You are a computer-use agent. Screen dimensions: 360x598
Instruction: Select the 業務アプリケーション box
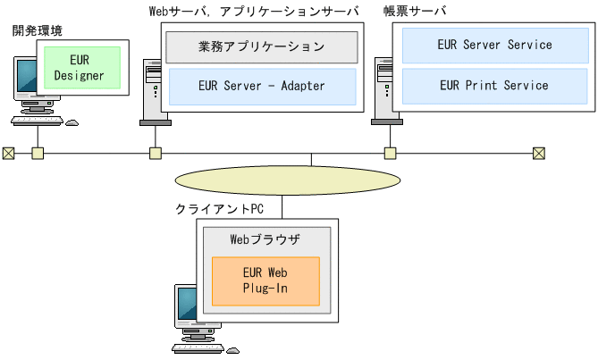(x=262, y=46)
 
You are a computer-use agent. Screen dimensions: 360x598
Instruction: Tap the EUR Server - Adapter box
(x=262, y=87)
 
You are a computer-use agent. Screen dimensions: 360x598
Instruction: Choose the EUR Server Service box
(x=494, y=45)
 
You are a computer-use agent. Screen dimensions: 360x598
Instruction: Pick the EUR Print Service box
(x=494, y=86)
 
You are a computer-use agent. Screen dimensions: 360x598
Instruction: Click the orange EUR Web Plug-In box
(x=265, y=280)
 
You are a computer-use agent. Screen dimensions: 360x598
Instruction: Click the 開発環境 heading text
(x=38, y=30)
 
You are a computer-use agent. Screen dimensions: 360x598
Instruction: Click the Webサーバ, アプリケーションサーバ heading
(x=253, y=11)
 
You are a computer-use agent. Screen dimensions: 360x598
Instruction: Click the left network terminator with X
(x=8, y=153)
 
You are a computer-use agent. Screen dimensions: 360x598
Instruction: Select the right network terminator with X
(x=538, y=153)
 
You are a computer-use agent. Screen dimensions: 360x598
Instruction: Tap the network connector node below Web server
(x=155, y=153)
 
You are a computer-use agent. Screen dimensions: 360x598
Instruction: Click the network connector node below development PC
(x=38, y=153)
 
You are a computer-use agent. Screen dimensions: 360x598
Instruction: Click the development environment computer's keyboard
(x=37, y=121)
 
